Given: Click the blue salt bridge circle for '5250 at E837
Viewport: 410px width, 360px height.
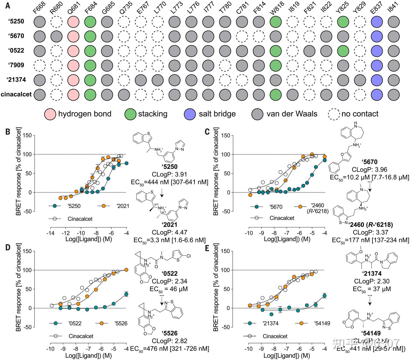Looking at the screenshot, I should pyautogui.click(x=377, y=22).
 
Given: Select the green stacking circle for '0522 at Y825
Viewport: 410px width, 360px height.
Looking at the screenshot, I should pyautogui.click(x=343, y=51).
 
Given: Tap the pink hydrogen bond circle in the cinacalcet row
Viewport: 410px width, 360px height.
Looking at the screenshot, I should pyautogui.click(x=73, y=94).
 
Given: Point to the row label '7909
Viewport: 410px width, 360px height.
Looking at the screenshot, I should pyautogui.click(x=16, y=65).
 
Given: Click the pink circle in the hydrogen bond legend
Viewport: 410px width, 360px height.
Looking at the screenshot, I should pyautogui.click(x=50, y=114).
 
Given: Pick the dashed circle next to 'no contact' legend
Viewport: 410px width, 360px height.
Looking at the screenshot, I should pyautogui.click(x=334, y=114).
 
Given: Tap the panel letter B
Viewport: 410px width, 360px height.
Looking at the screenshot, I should pyautogui.click(x=8, y=131).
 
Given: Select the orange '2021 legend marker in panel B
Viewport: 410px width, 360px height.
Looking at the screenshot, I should pyautogui.click(x=104, y=206).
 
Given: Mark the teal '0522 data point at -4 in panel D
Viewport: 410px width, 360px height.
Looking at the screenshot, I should pyautogui.click(x=126, y=294).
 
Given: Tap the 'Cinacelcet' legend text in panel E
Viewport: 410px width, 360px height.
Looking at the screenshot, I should pyautogui.click(x=275, y=336).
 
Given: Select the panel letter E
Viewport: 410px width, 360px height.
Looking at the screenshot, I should pyautogui.click(x=207, y=248).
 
